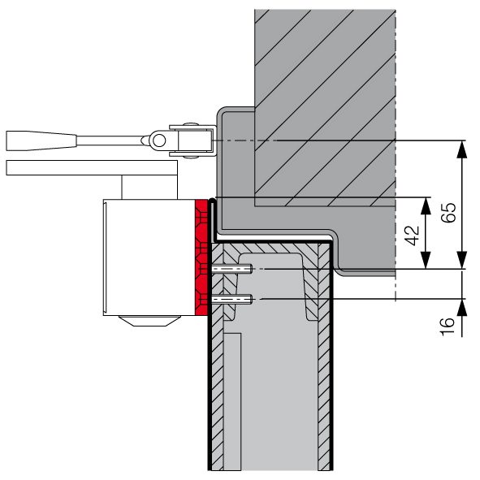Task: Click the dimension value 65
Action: click(448, 212)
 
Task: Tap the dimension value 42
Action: click(413, 236)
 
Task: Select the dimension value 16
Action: click(448, 326)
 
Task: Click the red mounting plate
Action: click(201, 257)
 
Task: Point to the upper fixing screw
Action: click(231, 269)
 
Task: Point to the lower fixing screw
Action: click(231, 299)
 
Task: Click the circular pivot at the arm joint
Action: click(159, 141)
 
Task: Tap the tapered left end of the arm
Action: click(41, 141)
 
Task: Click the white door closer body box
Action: click(149, 257)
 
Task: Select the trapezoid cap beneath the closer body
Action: click(149, 321)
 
